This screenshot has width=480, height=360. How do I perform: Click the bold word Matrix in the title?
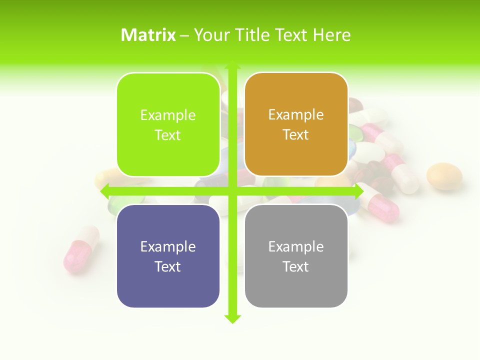coord(148,35)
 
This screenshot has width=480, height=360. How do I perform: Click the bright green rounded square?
coord(168,124)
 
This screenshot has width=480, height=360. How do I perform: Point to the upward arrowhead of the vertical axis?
coord(232,65)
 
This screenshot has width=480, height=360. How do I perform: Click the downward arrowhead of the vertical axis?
coord(232,318)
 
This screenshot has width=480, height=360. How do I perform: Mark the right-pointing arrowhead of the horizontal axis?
coord(358,191)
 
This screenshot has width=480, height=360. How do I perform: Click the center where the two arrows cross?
coord(232,191)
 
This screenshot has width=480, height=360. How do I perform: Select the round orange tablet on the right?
coord(444,175)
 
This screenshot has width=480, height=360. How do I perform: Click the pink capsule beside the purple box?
coord(80,250)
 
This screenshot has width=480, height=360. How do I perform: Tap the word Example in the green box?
coord(168,115)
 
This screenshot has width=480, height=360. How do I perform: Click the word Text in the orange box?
coord(296,135)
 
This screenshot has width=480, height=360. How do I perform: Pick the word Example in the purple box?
coord(168,247)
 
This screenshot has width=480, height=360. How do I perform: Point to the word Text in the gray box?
coord(296,267)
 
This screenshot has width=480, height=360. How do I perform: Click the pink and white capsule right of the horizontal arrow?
coord(382,204)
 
